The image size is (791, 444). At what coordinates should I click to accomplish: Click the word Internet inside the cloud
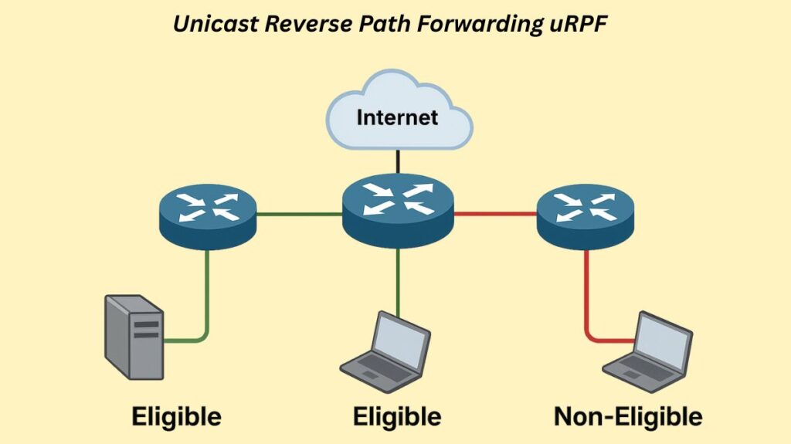(x=397, y=118)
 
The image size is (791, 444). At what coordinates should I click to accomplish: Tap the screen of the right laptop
(x=660, y=337)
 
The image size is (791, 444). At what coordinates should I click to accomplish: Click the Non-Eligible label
(x=628, y=418)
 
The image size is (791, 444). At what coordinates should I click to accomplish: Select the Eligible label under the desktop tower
(x=177, y=418)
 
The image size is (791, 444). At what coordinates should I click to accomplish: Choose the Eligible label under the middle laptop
(x=397, y=418)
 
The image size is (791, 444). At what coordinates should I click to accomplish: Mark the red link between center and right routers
(x=494, y=212)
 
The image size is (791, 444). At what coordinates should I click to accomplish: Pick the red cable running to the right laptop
(x=586, y=293)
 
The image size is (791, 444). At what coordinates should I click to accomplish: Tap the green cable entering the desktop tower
(x=185, y=338)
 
